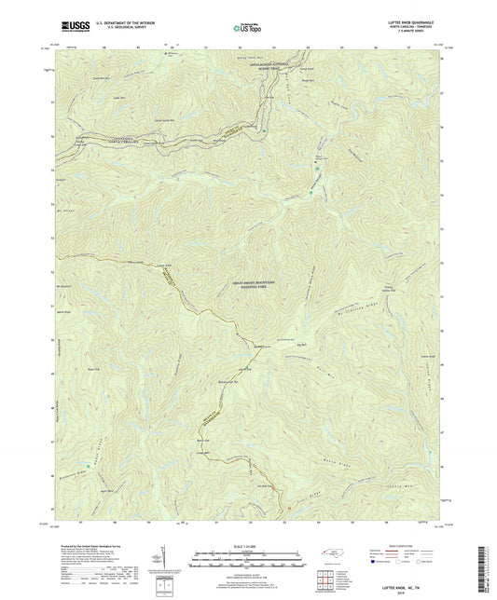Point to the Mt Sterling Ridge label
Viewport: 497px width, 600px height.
(x=359, y=310)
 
